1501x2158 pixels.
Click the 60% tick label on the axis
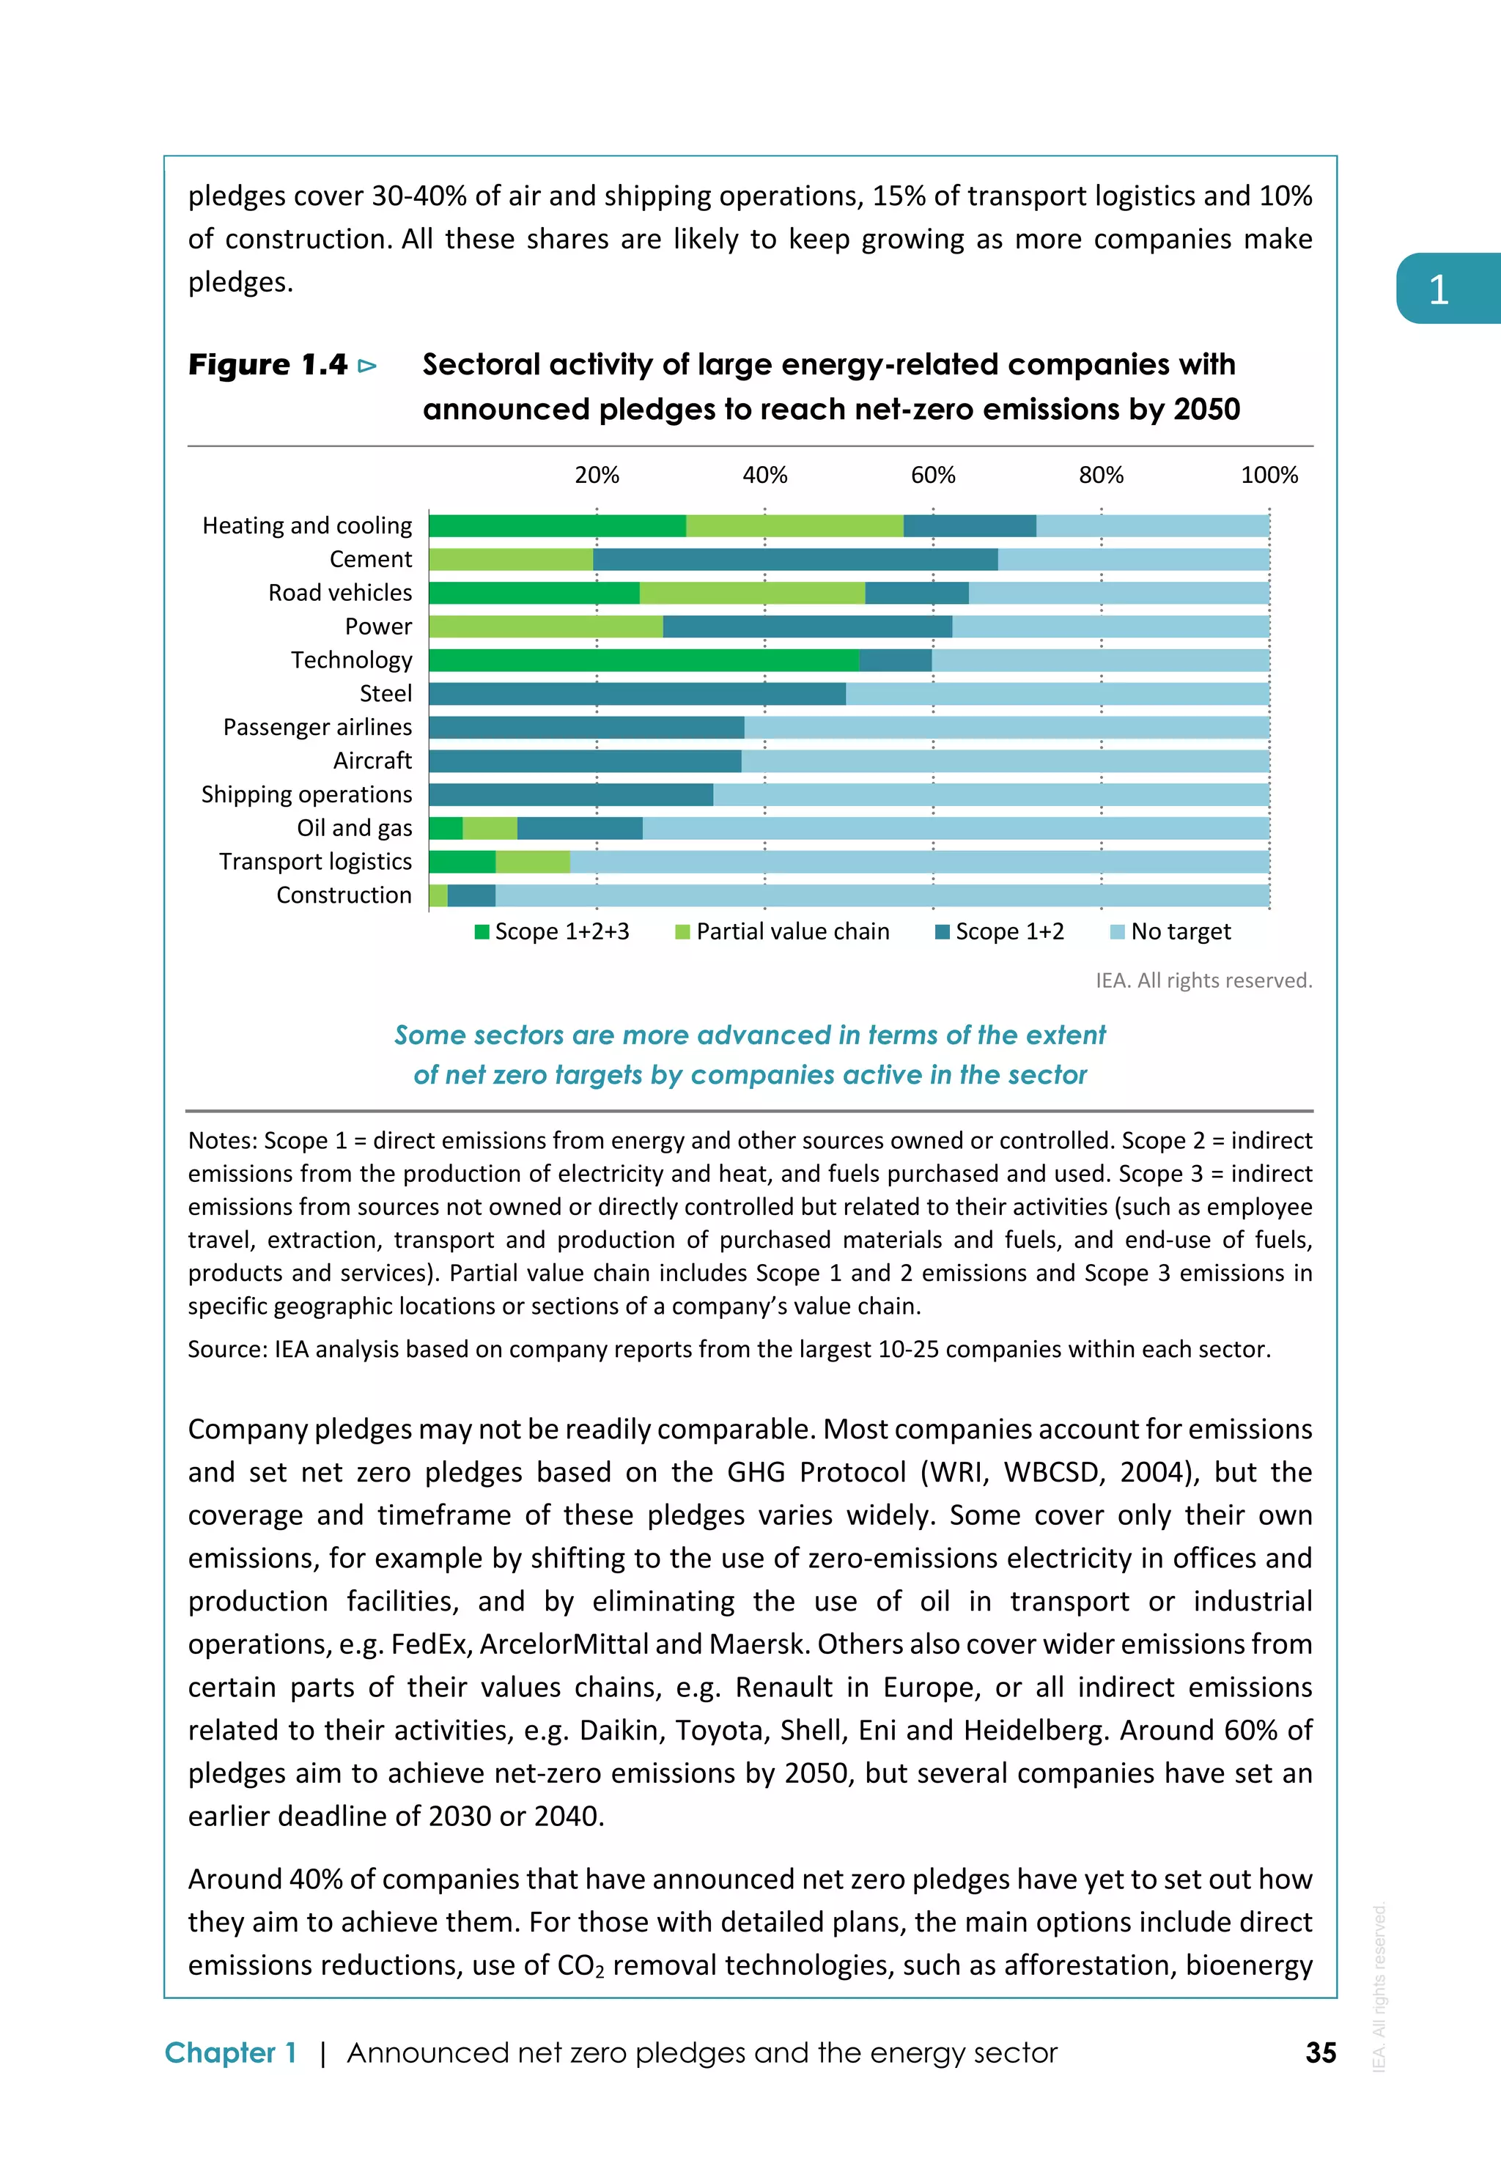(932, 476)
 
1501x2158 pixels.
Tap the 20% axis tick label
(597, 476)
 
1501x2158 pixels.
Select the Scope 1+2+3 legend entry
(552, 931)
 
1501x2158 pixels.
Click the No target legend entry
(1170, 931)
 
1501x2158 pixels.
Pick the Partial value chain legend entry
(782, 931)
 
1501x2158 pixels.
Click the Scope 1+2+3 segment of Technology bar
(643, 659)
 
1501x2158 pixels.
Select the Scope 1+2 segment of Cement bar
(795, 559)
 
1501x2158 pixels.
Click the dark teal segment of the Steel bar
(637, 694)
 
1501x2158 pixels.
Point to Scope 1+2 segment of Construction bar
(471, 895)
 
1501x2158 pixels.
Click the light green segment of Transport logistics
(532, 862)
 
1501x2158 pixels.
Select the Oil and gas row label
(354, 828)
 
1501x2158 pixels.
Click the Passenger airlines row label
(317, 728)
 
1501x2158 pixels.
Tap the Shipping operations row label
(306, 794)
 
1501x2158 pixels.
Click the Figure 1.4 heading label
(268, 365)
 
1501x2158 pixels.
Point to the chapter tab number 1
(1438, 289)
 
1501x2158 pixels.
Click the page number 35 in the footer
(1321, 2052)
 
